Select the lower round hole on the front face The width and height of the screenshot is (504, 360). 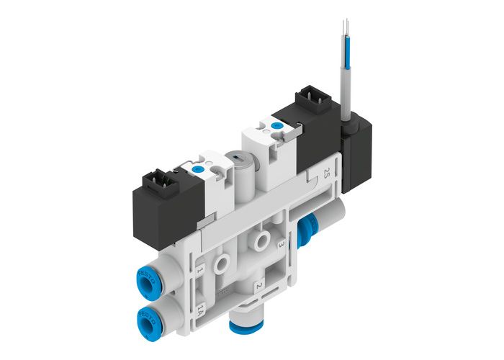click(x=225, y=257)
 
